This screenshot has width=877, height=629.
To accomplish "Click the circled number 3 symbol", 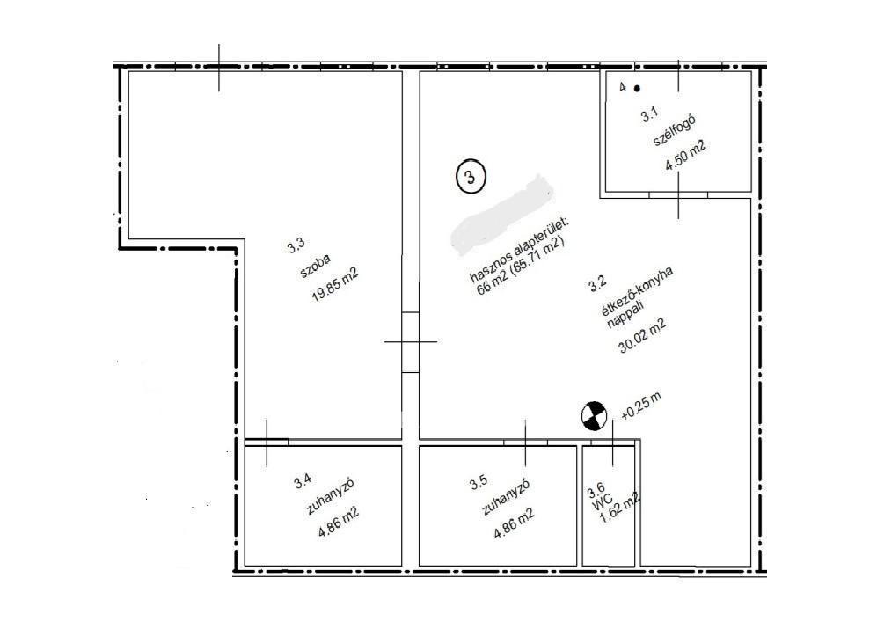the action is pyautogui.click(x=471, y=177).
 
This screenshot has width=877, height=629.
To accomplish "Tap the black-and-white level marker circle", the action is pyautogui.click(x=594, y=416).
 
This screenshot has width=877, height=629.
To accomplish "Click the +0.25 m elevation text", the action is pyautogui.click(x=641, y=406).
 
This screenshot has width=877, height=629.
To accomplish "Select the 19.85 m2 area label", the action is pyautogui.click(x=334, y=284).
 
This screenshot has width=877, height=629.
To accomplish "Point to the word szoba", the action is pyautogui.click(x=316, y=267).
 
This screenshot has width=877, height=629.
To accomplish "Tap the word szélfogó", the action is pyautogui.click(x=674, y=131).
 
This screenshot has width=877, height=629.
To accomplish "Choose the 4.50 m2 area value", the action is pyautogui.click(x=685, y=156).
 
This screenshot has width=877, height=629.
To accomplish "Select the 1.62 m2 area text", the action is pyautogui.click(x=619, y=508).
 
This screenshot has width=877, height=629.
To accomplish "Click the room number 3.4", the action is pyautogui.click(x=302, y=480).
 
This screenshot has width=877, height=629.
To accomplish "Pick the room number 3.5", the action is pyautogui.click(x=479, y=482).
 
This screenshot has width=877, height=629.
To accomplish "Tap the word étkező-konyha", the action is pyautogui.click(x=637, y=291).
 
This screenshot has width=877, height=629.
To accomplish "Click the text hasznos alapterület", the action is pyautogui.click(x=518, y=250).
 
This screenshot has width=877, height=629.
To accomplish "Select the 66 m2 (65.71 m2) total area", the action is pyautogui.click(x=521, y=267).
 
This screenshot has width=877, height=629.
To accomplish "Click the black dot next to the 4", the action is pyautogui.click(x=637, y=89).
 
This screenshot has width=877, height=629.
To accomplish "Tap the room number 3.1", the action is pyautogui.click(x=649, y=115).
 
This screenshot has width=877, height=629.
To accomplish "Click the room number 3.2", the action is pyautogui.click(x=597, y=284).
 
